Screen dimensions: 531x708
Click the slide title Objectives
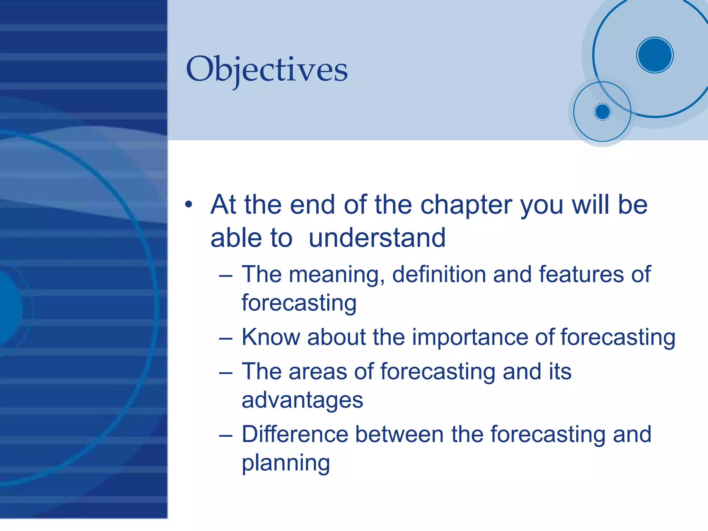(267, 69)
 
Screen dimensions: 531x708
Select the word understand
(377, 238)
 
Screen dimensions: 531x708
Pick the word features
(581, 274)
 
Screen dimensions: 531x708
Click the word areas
(318, 372)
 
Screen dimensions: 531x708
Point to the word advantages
(302, 401)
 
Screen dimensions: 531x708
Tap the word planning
(286, 464)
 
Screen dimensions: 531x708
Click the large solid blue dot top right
(655, 55)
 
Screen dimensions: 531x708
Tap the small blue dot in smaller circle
(602, 112)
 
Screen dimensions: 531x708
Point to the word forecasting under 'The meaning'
(299, 303)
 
